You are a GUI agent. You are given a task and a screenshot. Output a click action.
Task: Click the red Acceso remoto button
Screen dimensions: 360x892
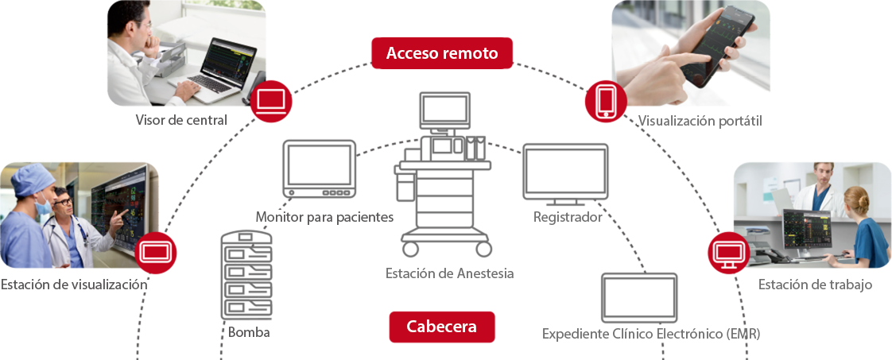[x=442, y=54]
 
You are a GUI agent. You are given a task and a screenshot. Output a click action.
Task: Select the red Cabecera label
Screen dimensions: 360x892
[x=442, y=327]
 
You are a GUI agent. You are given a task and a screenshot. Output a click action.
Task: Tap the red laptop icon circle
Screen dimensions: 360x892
[x=272, y=101]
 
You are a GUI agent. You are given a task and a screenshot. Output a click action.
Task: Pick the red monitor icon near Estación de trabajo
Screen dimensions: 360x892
[x=729, y=253]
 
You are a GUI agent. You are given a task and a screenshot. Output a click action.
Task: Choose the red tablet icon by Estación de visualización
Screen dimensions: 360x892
[x=156, y=253]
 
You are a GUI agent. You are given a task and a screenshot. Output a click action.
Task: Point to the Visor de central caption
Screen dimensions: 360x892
[x=181, y=121]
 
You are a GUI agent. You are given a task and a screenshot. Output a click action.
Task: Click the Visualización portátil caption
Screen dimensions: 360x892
[x=711, y=120]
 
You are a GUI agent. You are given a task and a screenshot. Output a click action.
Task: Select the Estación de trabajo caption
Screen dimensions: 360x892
[x=815, y=285]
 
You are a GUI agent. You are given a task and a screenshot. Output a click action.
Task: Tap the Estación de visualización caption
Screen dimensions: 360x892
[x=75, y=284]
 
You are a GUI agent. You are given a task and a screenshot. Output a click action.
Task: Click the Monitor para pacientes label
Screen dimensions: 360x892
[x=324, y=217]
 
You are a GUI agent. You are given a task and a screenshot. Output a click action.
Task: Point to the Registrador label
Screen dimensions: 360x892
[x=566, y=217]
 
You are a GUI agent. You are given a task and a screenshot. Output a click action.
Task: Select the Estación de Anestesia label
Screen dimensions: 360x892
[x=449, y=273]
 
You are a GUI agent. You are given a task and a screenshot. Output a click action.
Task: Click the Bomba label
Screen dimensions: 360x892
[x=248, y=332]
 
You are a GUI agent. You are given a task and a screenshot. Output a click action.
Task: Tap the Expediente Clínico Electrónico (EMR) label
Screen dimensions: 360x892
[x=651, y=334]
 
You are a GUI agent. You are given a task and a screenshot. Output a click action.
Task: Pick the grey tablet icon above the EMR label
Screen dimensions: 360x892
[x=639, y=297]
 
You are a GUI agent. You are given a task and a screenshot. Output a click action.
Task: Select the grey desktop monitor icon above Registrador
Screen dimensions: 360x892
[x=565, y=172]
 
